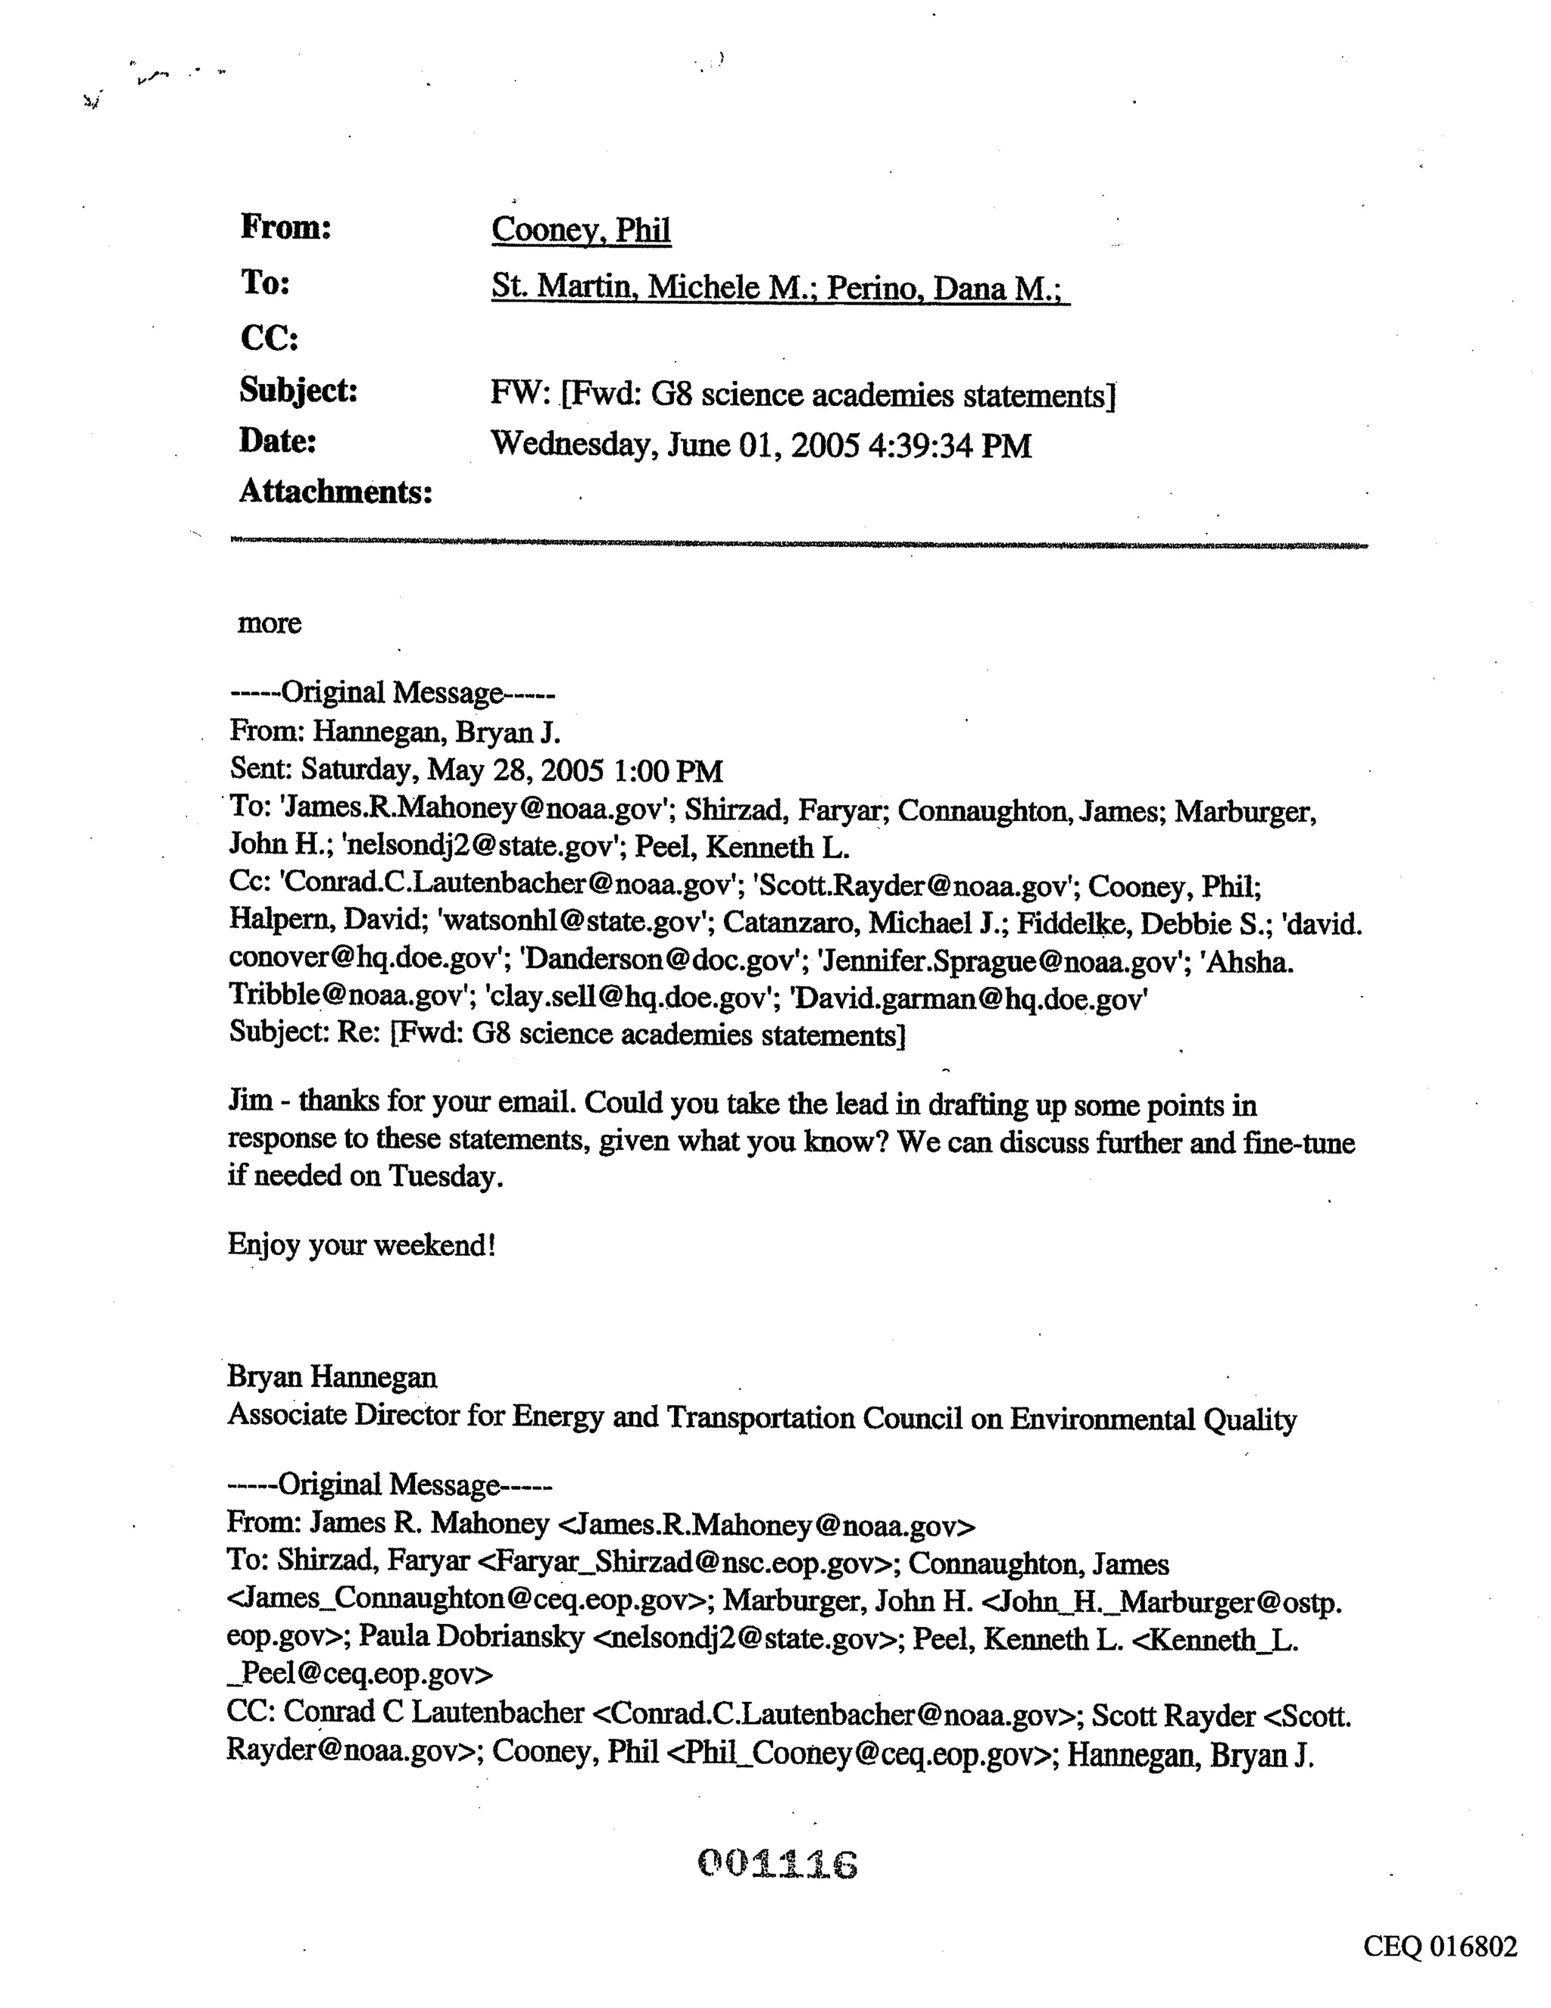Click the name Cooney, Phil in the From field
point(580,230)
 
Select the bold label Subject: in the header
point(298,391)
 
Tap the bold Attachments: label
point(335,492)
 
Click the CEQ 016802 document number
point(1440,1947)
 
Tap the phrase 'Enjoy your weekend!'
point(361,1245)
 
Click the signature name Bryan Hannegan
point(332,1377)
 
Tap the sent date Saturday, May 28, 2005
point(451,770)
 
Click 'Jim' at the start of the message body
point(250,1101)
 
